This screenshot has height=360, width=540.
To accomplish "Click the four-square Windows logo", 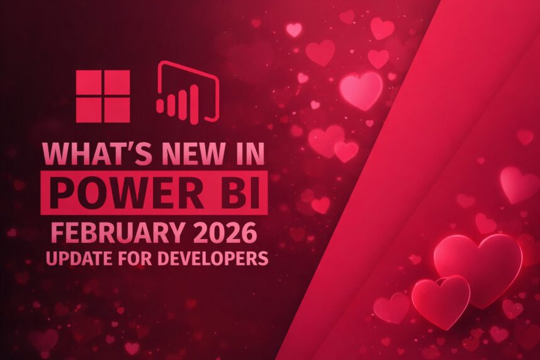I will click(103, 96).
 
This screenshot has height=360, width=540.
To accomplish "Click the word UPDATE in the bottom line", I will click(76, 258).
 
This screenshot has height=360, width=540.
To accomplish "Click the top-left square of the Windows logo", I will click(88, 82).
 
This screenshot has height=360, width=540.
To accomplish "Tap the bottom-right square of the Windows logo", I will click(117, 110).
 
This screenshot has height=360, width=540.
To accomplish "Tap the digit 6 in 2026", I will click(250, 233).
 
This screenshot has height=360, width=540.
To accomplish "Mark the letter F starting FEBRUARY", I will click(57, 233).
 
